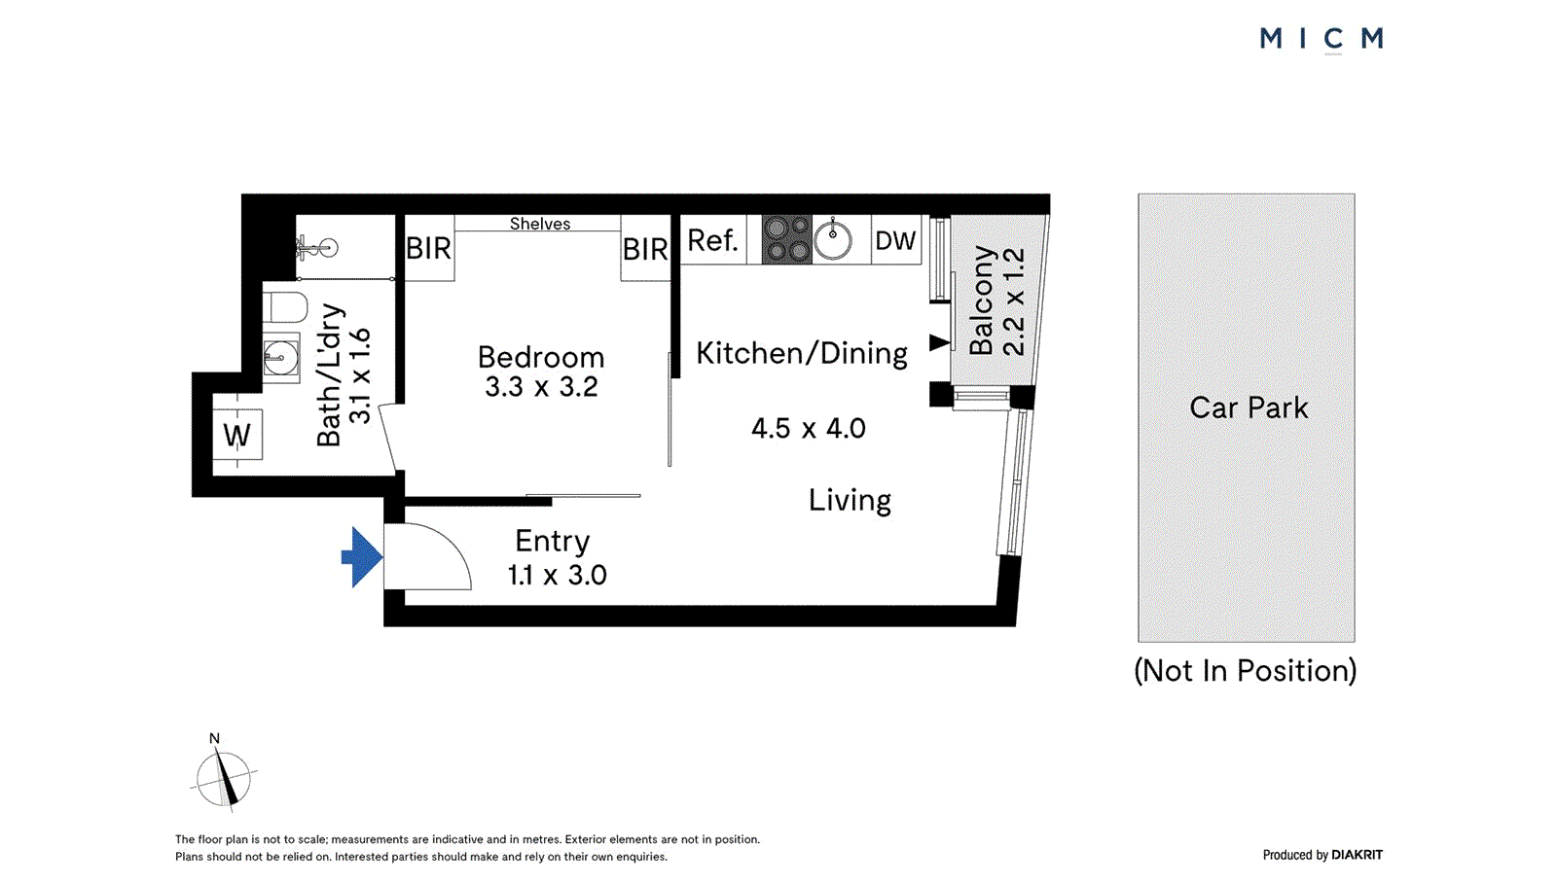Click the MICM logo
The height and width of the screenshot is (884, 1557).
pos(1321,39)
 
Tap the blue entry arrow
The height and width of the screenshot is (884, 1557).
pos(363,556)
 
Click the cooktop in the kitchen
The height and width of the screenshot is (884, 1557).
pos(786,239)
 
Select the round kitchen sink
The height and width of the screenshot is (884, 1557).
pos(833,239)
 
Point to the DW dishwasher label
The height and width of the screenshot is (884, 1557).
pos(895,240)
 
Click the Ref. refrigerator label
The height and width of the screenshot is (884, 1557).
pos(712,240)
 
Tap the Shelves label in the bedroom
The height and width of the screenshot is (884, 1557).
pos(540,224)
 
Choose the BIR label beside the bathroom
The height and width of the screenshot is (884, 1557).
pos(428,249)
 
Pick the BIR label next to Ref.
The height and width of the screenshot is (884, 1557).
pos(645,250)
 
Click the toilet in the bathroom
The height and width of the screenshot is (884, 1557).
pos(284,306)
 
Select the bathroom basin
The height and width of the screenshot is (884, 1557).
pos(280,358)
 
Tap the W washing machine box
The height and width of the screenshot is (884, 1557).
pos(237,435)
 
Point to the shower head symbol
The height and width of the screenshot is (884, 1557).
pos(319,248)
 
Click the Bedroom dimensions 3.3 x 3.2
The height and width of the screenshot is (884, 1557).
pos(541,387)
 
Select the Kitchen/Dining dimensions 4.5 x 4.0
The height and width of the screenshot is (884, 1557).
pos(808,428)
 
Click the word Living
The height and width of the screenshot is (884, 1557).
pos(850,500)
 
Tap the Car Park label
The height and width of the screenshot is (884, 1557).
pos(1249,407)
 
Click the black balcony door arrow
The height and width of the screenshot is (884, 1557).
pos(939,342)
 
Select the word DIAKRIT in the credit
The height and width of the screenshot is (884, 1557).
pos(1357,855)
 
